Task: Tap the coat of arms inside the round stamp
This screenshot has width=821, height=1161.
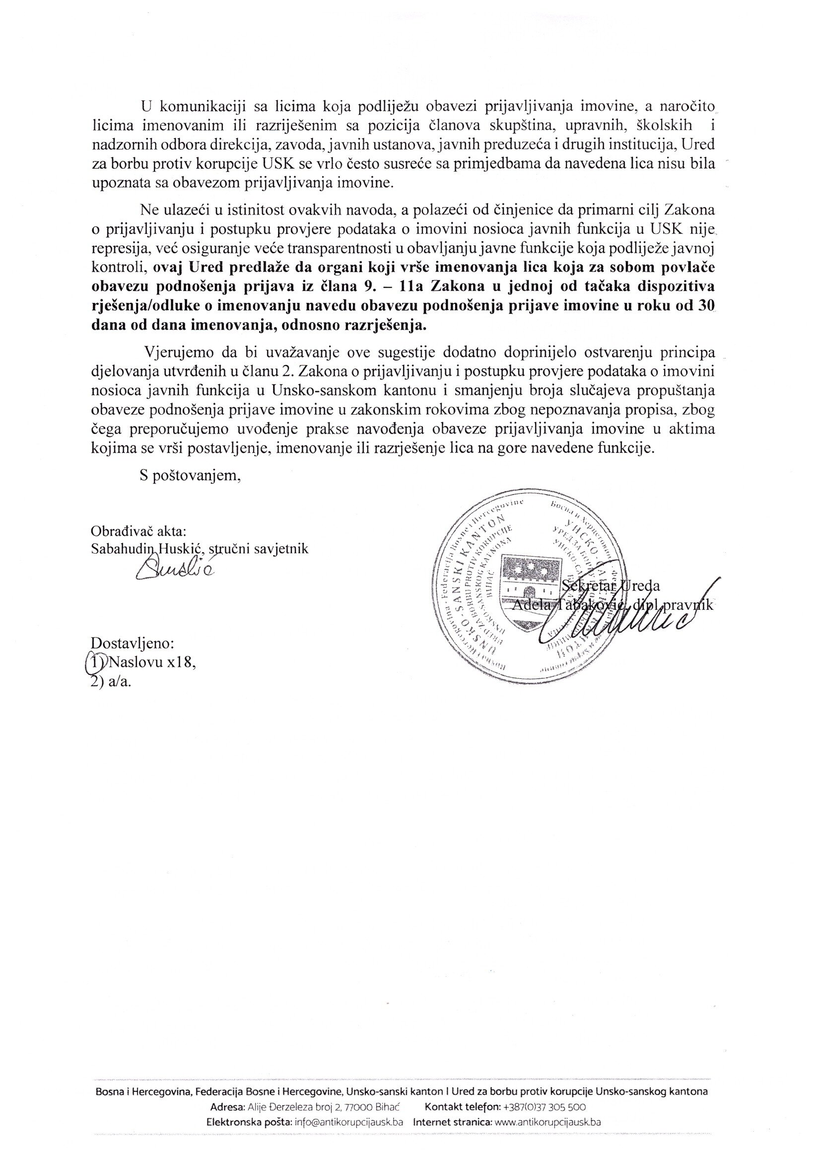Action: point(531,590)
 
